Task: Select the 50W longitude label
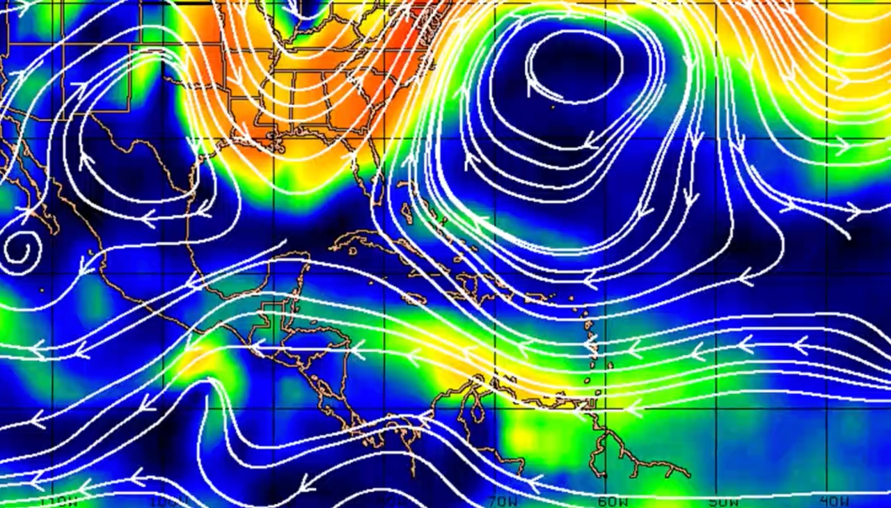724,501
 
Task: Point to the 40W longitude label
834,500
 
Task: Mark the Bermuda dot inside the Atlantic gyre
553,107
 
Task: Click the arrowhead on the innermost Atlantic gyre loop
532,84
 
